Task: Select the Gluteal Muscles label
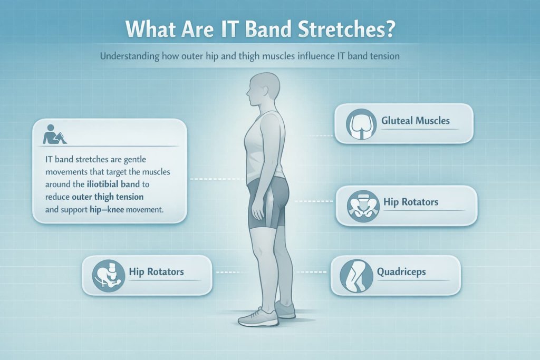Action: (x=416, y=121)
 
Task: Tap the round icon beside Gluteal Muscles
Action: (x=360, y=123)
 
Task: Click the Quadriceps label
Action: (x=401, y=273)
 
